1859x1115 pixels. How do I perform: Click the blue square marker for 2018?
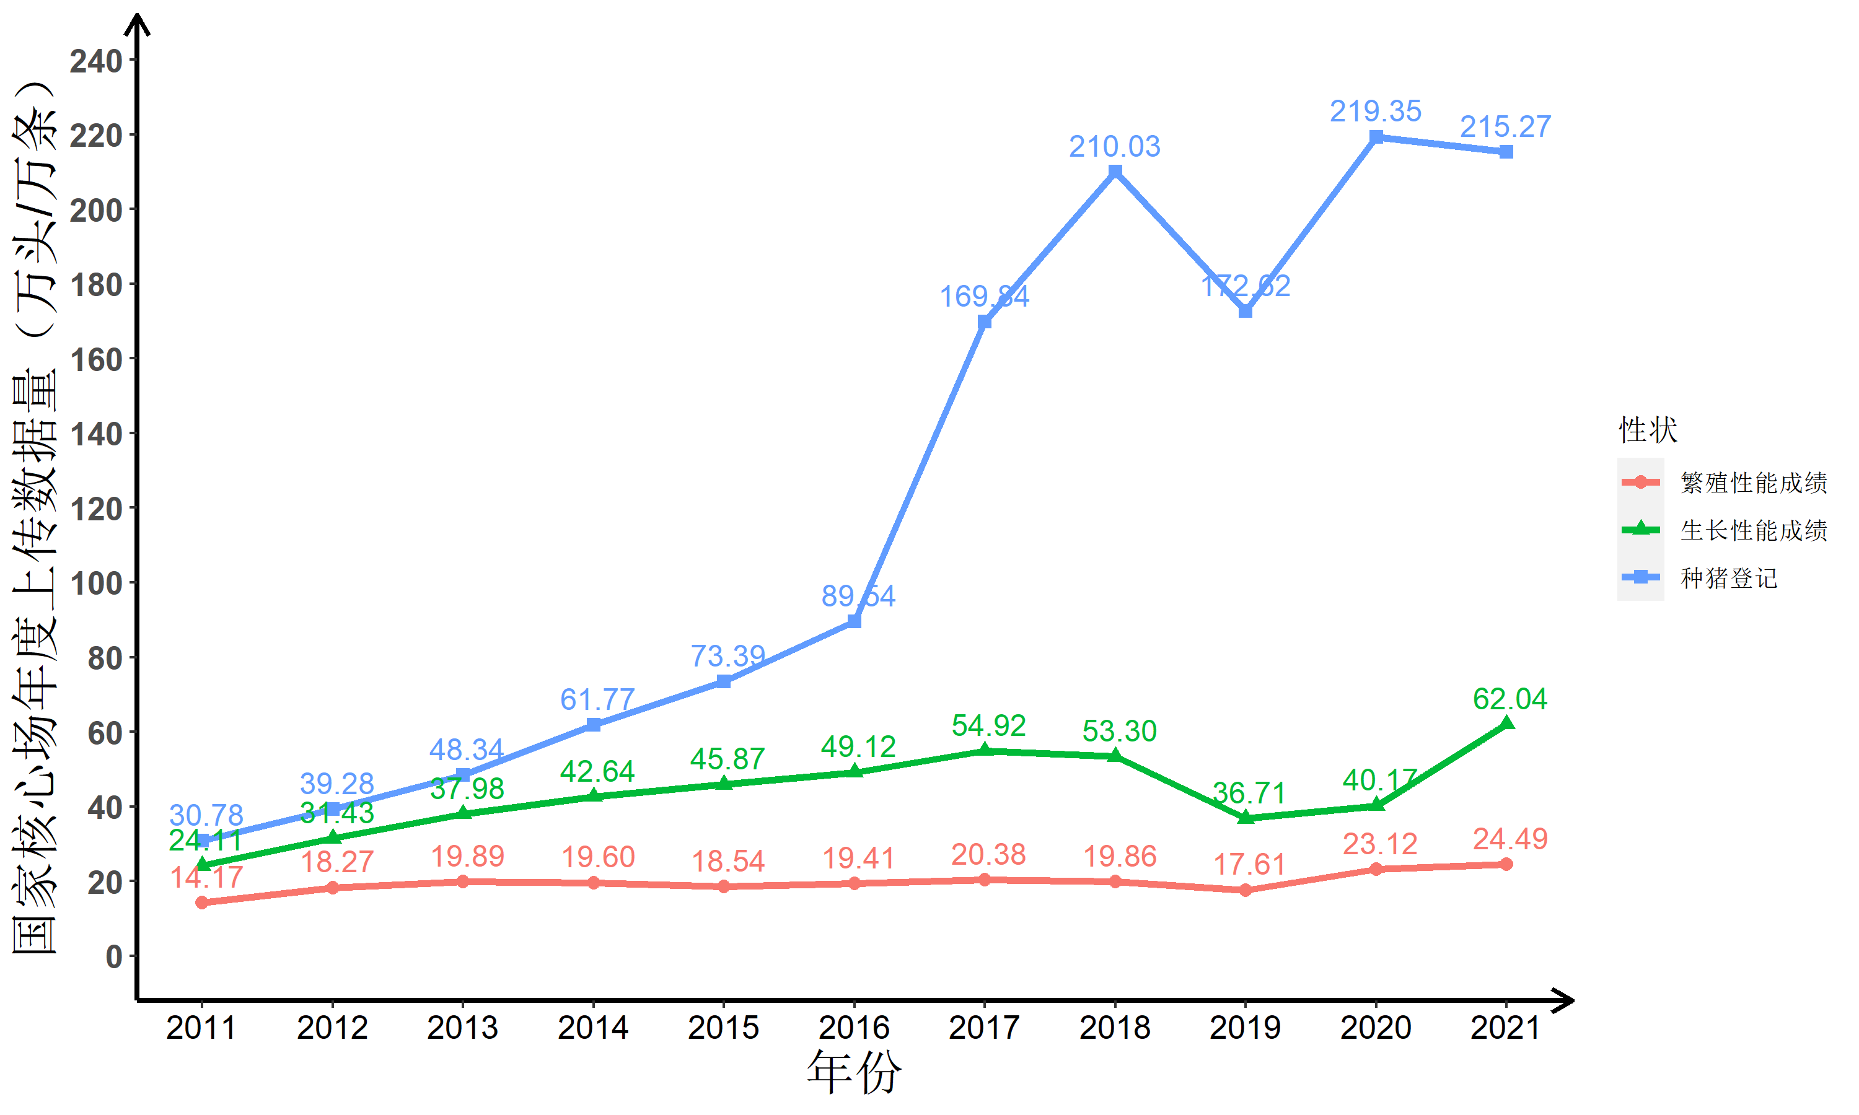pyautogui.click(x=1115, y=172)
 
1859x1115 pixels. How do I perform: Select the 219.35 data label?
pyautogui.click(x=1375, y=111)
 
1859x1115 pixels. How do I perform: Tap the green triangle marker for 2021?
pyautogui.click(x=1506, y=724)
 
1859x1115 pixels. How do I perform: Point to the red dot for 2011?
pyautogui.click(x=201, y=903)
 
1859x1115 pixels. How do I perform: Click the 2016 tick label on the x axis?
pyautogui.click(x=854, y=1028)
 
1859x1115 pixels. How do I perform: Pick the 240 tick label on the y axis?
pyautogui.click(x=96, y=61)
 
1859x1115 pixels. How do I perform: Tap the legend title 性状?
pyautogui.click(x=1648, y=430)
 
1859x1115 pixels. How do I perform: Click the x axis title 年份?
pyautogui.click(x=854, y=1073)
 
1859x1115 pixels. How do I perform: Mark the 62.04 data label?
pyautogui.click(x=1510, y=699)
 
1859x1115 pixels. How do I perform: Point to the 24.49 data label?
pyautogui.click(x=1510, y=839)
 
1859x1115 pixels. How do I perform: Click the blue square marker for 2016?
pyautogui.click(x=855, y=621)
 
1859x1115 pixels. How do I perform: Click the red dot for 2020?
pyautogui.click(x=1376, y=869)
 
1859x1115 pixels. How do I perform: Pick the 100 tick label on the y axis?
pyautogui.click(x=96, y=584)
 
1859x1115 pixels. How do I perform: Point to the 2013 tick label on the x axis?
pyautogui.click(x=462, y=1028)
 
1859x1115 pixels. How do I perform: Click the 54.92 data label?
pyautogui.click(x=988, y=726)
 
